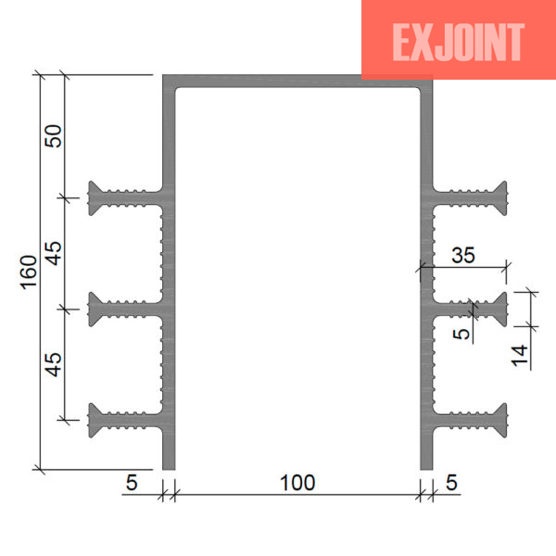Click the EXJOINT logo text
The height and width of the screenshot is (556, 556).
(x=458, y=42)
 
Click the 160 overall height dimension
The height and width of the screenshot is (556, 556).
(x=29, y=272)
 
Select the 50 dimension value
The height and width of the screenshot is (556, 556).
(x=53, y=136)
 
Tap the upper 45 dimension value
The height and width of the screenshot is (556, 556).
(x=54, y=253)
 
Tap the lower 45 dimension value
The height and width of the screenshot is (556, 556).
(x=54, y=364)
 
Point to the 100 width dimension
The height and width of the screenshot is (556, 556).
(x=297, y=483)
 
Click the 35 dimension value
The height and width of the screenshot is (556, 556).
(x=463, y=255)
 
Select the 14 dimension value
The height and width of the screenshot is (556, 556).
(x=520, y=355)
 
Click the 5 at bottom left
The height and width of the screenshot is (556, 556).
(x=132, y=483)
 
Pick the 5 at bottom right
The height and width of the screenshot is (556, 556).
(x=451, y=483)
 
